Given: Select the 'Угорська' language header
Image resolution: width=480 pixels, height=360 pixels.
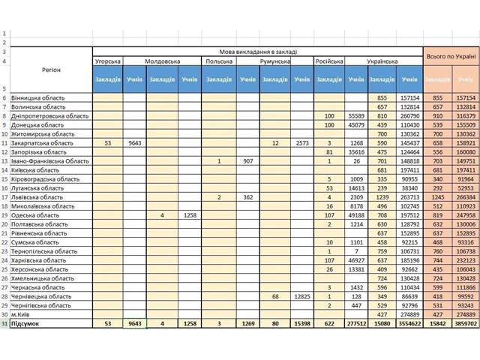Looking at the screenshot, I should pyautogui.click(x=109, y=61).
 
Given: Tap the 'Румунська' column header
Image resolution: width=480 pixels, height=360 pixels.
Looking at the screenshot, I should pyautogui.click(x=274, y=61).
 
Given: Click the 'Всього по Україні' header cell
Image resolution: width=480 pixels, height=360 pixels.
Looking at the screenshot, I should pyautogui.click(x=451, y=56).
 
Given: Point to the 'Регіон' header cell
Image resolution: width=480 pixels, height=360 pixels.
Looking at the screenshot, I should pyautogui.click(x=52, y=70).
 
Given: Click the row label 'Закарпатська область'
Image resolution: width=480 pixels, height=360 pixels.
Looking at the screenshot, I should pyautogui.click(x=46, y=142).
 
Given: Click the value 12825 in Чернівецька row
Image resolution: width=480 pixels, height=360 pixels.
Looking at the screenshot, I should pyautogui.click(x=301, y=295).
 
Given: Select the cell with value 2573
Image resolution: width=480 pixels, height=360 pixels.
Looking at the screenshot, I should pyautogui.click(x=301, y=142).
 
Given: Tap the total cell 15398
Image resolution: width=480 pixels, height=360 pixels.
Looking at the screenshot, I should pyautogui.click(x=301, y=323).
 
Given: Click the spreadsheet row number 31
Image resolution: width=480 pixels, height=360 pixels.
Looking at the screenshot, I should pyautogui.click(x=4, y=323).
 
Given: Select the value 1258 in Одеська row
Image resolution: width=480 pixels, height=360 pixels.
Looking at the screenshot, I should pyautogui.click(x=190, y=214).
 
